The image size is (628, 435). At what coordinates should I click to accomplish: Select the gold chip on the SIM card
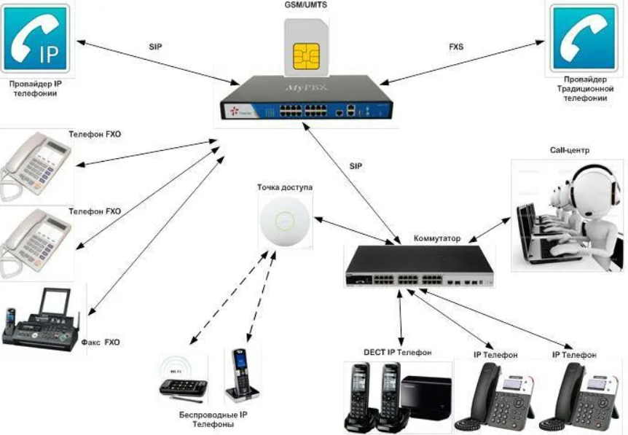305,57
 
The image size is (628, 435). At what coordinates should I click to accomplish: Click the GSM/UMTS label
305,7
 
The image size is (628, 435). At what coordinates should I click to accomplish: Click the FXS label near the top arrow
455,46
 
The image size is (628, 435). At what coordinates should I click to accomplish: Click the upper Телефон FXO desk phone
36,165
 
